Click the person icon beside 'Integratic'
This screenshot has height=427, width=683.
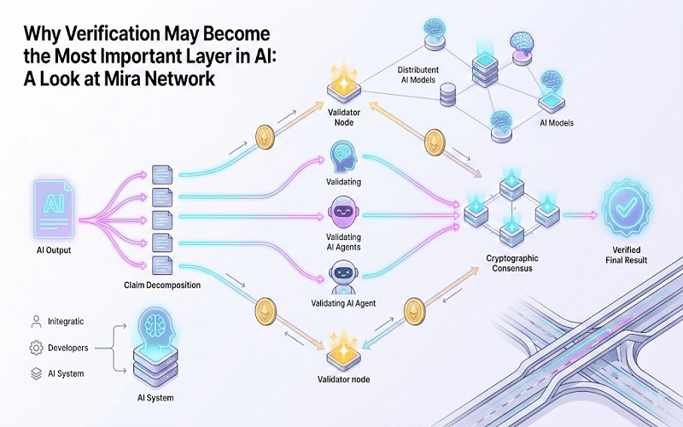pyautogui.click(x=36, y=322)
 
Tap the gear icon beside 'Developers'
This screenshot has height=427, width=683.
pyautogui.click(x=36, y=348)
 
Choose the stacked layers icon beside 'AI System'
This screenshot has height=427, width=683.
pyautogui.click(x=36, y=373)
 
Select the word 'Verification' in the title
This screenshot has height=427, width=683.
pyautogui.click(x=108, y=36)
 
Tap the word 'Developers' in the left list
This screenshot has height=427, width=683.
pyautogui.click(x=69, y=348)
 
